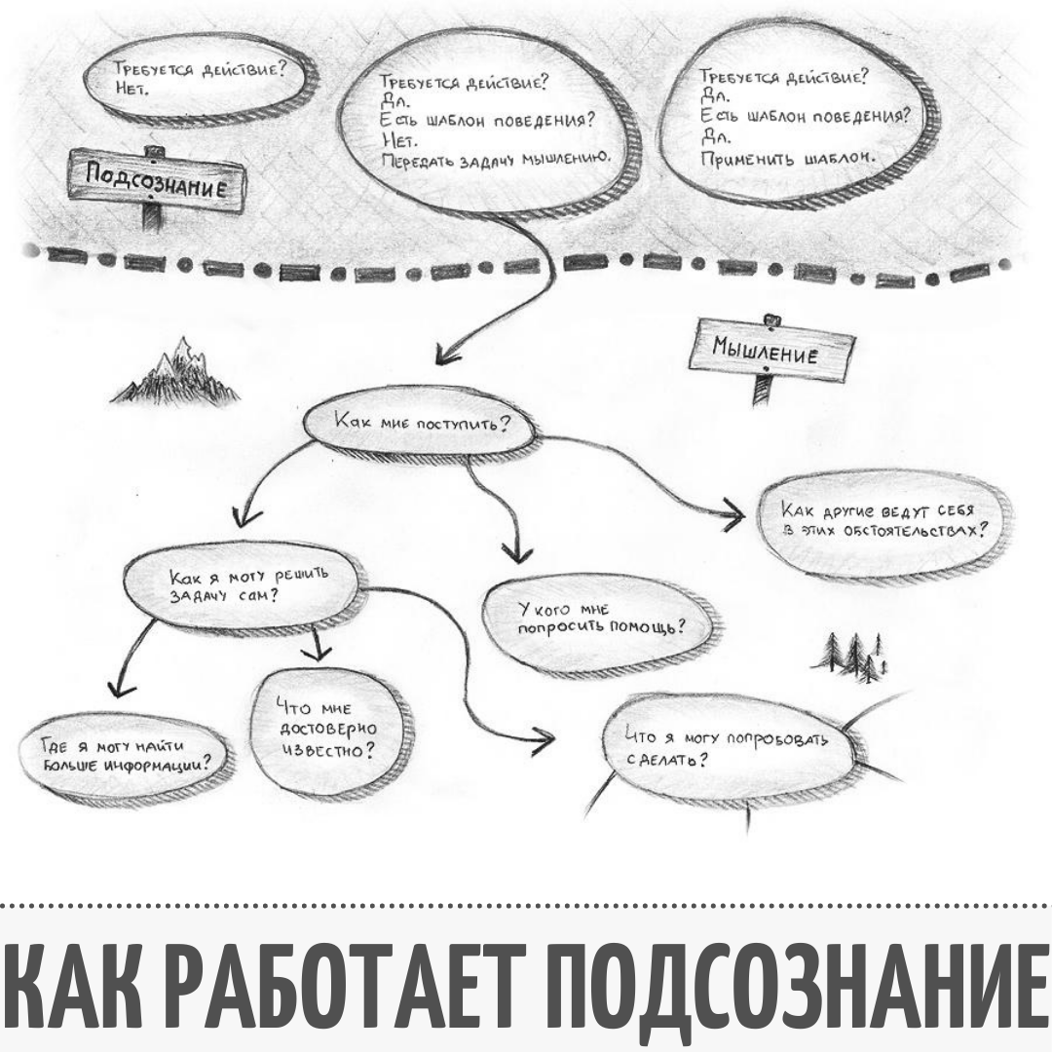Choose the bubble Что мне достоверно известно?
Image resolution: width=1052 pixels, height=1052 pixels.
[x=325, y=730]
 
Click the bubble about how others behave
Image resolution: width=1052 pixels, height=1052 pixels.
[x=882, y=521]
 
